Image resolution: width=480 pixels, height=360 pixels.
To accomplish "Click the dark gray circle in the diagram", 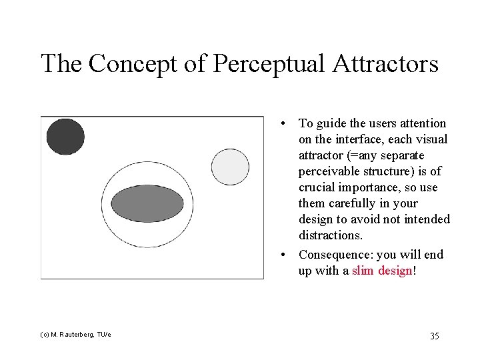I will (65, 137).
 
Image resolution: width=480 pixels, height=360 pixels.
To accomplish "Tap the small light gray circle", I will (230, 164).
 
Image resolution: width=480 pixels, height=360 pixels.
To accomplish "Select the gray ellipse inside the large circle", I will (147, 203).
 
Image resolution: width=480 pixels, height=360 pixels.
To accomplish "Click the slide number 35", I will (434, 335).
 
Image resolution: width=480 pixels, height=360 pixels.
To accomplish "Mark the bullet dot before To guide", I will (284, 124).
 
